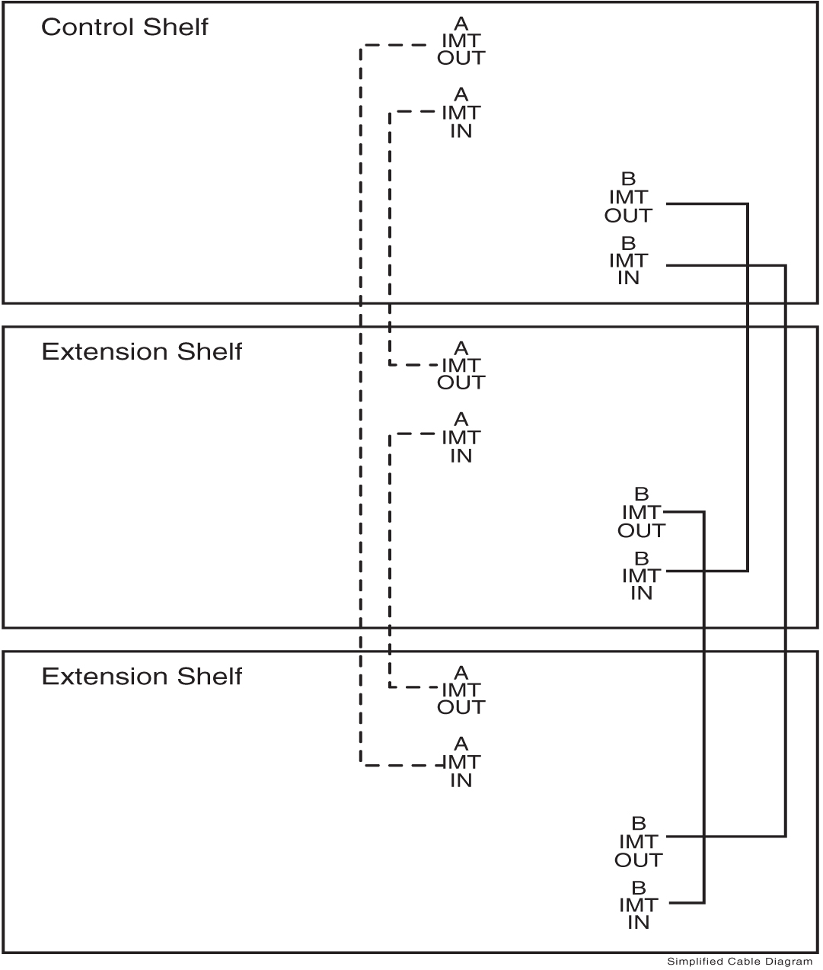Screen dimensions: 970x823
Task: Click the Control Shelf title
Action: click(x=124, y=27)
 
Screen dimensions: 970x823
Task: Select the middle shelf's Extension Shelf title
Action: click(x=142, y=352)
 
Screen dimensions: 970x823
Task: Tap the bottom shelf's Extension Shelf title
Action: click(x=142, y=677)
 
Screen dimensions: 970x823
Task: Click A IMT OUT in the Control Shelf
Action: click(x=461, y=41)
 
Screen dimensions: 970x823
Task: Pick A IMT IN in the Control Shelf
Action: click(x=461, y=113)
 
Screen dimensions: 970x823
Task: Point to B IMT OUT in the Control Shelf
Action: click(x=628, y=198)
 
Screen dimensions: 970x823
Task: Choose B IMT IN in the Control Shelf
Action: click(x=628, y=261)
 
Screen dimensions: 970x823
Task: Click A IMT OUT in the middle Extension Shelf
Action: click(x=461, y=366)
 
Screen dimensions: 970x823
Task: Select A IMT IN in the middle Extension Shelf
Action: click(x=461, y=437)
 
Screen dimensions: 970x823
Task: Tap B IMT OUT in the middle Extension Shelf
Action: click(x=641, y=513)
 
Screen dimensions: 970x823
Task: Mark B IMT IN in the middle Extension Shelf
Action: click(x=641, y=575)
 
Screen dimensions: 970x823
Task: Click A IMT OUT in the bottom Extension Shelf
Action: click(x=461, y=690)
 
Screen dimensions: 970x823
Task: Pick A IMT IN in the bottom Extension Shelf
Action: click(x=461, y=762)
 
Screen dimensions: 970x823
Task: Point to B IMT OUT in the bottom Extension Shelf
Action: click(x=638, y=842)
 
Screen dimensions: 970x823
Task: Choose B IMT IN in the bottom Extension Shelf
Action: click(x=638, y=905)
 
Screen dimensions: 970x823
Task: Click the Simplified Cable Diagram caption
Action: click(x=739, y=962)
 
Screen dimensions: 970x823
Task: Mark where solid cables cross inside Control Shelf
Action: click(x=748, y=265)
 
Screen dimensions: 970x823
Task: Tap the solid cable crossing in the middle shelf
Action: click(x=704, y=570)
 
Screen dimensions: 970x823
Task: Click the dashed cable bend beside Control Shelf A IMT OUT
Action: click(x=361, y=46)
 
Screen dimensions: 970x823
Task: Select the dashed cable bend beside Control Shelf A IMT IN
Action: click(x=390, y=113)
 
